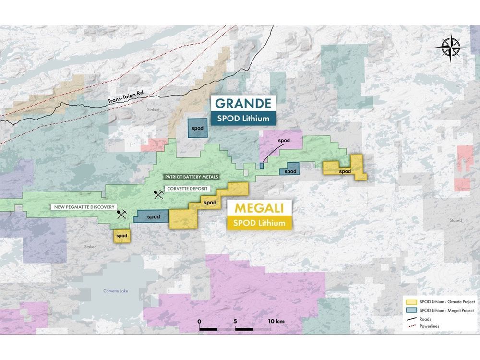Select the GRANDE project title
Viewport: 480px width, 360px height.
point(244,103)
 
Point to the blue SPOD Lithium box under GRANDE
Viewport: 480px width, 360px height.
point(244,118)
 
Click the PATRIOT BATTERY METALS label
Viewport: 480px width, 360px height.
point(191,177)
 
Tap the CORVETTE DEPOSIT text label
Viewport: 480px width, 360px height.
point(187,188)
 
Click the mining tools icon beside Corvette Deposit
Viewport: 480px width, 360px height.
point(158,195)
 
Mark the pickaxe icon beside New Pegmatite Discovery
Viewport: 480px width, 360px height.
point(121,215)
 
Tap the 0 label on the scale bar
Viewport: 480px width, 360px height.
point(199,320)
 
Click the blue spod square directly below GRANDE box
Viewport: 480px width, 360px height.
point(197,130)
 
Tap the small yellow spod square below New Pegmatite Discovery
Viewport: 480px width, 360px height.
point(122,236)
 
